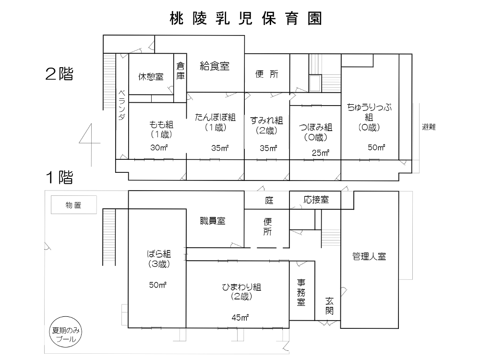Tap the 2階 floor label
coord(59,74)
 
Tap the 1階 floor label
coord(59,178)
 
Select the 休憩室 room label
coord(151,76)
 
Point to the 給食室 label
coord(215,66)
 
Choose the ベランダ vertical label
coord(121,105)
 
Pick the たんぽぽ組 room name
coord(215,117)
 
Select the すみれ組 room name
coord(267,120)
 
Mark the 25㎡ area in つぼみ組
coord(320,153)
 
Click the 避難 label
coord(429,127)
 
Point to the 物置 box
coord(74,205)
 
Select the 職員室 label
coord(213,221)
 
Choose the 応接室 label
coord(316,200)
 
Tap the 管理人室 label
coord(369,256)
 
